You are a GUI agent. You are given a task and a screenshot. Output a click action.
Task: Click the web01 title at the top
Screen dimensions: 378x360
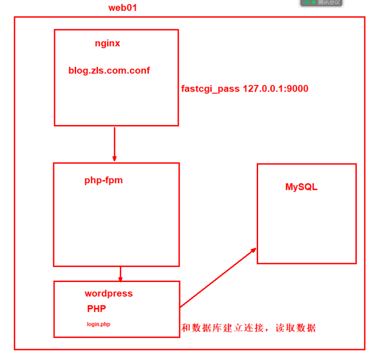pyautogui.click(x=123, y=8)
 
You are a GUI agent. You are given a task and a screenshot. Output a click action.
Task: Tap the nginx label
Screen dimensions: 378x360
pyautogui.click(x=107, y=43)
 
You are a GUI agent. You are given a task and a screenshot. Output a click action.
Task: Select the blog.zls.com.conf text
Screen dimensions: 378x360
pyautogui.click(x=109, y=70)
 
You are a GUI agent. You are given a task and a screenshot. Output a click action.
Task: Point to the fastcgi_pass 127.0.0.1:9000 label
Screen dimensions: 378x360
pyautogui.click(x=244, y=88)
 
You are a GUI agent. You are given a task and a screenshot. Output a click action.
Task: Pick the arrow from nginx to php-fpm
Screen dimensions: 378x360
pyautogui.click(x=114, y=143)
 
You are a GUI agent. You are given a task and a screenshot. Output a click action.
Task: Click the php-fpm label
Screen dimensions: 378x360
pyautogui.click(x=103, y=180)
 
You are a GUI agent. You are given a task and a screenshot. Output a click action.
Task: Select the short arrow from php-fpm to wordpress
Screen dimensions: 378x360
pyautogui.click(x=120, y=274)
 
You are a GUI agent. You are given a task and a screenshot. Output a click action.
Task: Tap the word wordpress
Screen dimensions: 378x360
pyautogui.click(x=109, y=293)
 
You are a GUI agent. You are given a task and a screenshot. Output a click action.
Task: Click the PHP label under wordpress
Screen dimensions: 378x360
pyautogui.click(x=96, y=309)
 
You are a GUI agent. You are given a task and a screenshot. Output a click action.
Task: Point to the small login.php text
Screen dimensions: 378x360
pyautogui.click(x=98, y=324)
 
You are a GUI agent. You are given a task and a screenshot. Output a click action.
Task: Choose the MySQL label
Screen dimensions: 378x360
pyautogui.click(x=301, y=187)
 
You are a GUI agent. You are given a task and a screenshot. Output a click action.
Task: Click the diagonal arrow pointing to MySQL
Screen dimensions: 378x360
pyautogui.click(x=218, y=278)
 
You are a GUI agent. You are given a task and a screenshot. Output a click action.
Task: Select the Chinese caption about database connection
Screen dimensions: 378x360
pyautogui.click(x=248, y=328)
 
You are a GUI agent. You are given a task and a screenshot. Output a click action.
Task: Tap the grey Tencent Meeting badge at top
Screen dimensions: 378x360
pyautogui.click(x=322, y=2)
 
